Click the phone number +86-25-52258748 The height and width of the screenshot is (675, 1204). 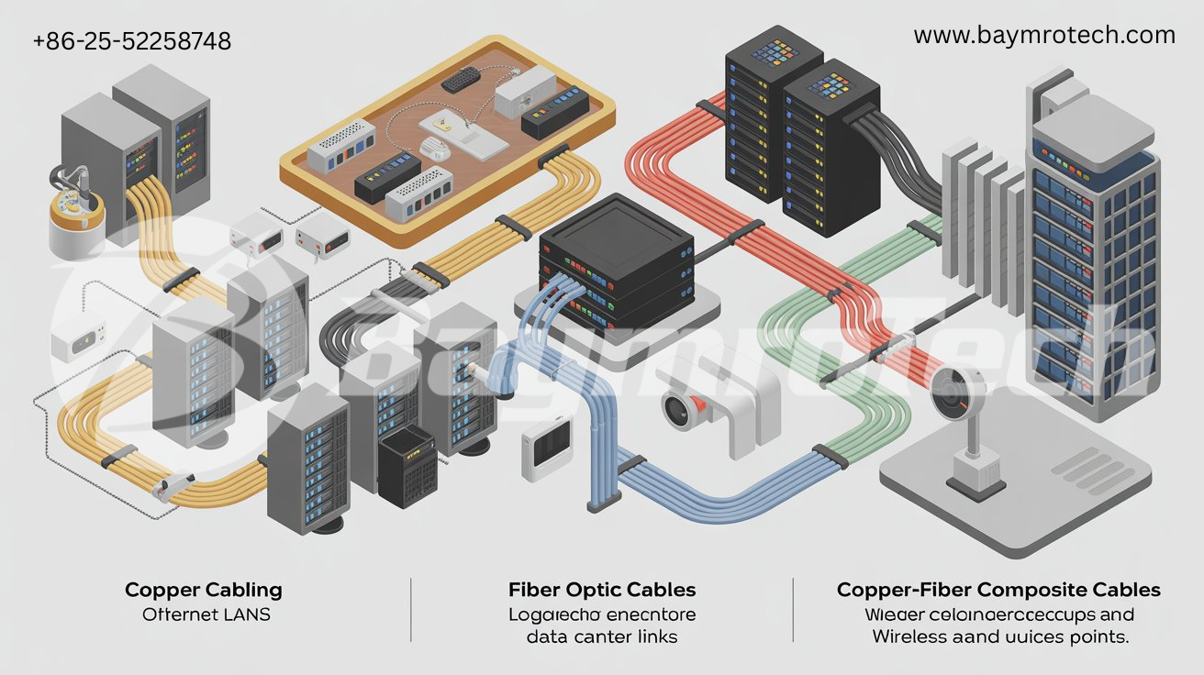point(131,41)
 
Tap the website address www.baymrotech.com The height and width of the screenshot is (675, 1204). point(1044,36)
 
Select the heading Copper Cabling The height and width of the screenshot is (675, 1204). point(203,590)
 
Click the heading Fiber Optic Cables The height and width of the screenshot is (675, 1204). point(601,590)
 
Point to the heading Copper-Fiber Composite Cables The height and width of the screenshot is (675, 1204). point(998,590)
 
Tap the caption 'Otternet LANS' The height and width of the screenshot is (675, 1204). point(206,614)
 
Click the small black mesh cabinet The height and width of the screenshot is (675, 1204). point(407,467)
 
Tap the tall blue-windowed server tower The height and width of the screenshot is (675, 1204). point(1092,266)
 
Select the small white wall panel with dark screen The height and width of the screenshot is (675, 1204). point(547,451)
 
